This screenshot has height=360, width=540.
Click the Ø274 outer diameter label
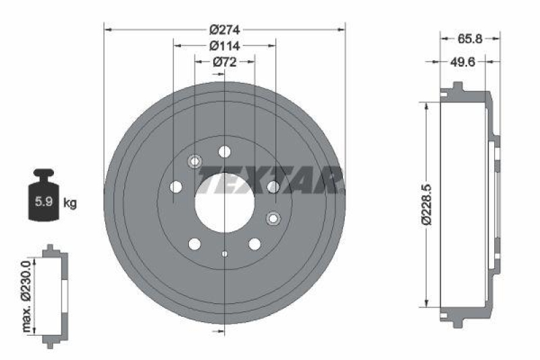pyautogui.click(x=225, y=30)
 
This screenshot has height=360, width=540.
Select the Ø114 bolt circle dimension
pyautogui.click(x=225, y=46)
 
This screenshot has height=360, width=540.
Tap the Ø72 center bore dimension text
pyautogui.click(x=225, y=61)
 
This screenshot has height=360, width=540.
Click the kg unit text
pyautogui.click(x=70, y=202)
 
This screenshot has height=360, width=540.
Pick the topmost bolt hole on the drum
pyautogui.click(x=225, y=151)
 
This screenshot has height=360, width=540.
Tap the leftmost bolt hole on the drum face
pyautogui.click(x=177, y=186)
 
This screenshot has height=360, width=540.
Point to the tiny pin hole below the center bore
pyautogui.click(x=225, y=254)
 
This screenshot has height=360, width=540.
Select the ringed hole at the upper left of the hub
pyautogui.click(x=195, y=161)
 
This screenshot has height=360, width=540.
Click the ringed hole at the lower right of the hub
pyautogui.click(x=273, y=218)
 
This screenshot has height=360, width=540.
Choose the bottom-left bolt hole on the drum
pyautogui.click(x=195, y=244)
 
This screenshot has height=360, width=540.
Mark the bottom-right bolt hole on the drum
pyautogui.click(x=254, y=244)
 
